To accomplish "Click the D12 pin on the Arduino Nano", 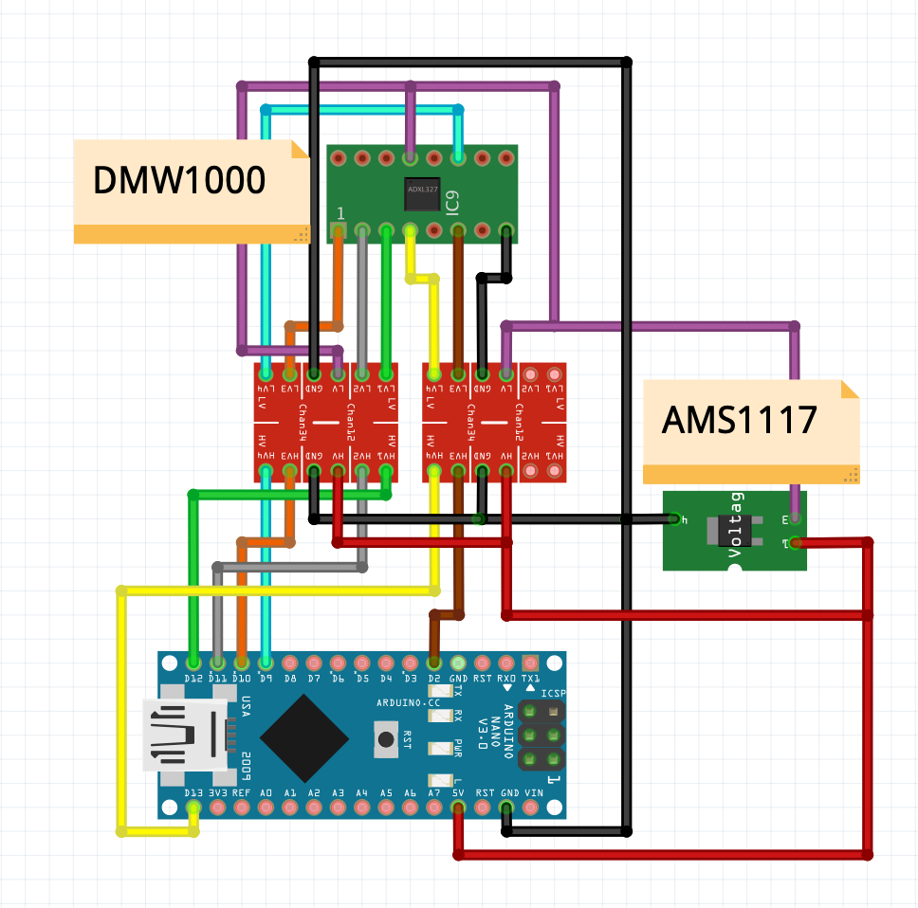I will (x=194, y=662).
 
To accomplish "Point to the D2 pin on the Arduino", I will (x=434, y=662).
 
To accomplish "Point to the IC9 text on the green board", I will (x=452, y=201).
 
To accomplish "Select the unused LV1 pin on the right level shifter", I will (x=554, y=373).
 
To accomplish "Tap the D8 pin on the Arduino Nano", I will (x=290, y=662).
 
